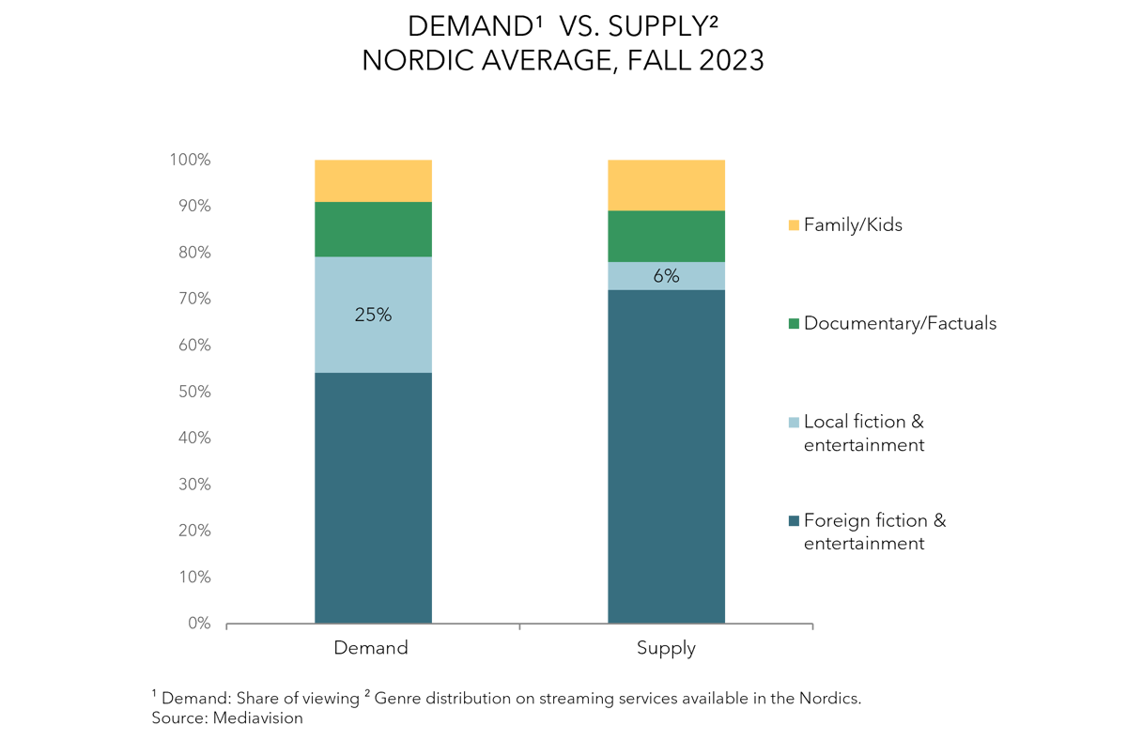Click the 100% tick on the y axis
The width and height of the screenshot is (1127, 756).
(191, 161)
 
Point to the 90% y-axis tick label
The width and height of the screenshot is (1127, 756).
(194, 207)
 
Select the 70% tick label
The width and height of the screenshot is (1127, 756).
(194, 300)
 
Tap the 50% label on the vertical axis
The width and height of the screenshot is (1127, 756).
(194, 392)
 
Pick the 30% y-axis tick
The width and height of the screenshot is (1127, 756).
(194, 485)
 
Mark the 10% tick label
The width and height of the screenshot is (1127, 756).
(194, 577)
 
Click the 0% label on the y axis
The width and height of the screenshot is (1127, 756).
(199, 624)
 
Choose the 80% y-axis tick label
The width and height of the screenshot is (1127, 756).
(194, 253)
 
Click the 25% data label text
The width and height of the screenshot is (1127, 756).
(373, 316)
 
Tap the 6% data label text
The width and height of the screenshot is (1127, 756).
(666, 276)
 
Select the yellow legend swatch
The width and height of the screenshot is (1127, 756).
(794, 225)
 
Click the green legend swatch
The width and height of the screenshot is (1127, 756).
(794, 324)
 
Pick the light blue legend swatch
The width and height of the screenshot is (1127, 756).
(794, 423)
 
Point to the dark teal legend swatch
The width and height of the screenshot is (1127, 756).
(794, 520)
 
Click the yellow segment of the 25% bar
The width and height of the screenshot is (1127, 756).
(373, 180)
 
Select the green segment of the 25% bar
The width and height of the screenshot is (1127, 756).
(373, 229)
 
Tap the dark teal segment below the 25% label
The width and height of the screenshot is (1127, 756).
(373, 498)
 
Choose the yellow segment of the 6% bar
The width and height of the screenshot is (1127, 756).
(666, 184)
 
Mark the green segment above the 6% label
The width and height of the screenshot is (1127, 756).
(666, 236)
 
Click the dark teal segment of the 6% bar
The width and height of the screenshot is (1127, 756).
(666, 456)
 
